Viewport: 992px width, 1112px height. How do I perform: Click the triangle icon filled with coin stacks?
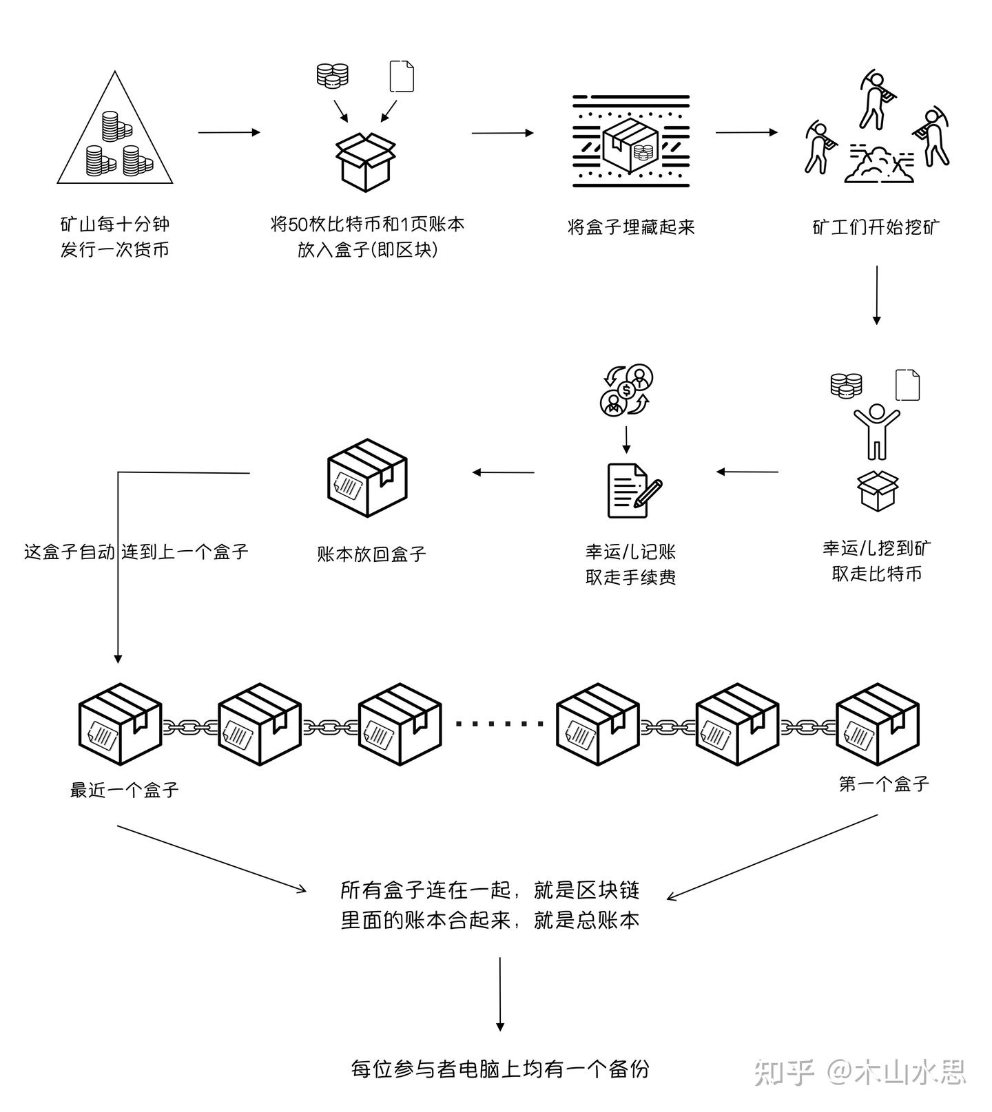(114, 138)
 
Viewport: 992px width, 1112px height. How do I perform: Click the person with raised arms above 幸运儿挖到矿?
(876, 431)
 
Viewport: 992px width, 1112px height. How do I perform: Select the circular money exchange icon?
(626, 390)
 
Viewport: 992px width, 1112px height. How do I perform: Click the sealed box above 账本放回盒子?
(367, 478)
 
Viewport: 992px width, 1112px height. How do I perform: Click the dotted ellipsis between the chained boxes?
(499, 724)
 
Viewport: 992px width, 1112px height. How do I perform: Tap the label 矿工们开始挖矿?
(876, 227)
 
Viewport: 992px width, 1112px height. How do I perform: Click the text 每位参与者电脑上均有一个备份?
(499, 1069)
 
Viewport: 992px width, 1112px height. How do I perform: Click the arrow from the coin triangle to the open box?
(229, 132)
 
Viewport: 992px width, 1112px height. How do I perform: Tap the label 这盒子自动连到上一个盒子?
(136, 552)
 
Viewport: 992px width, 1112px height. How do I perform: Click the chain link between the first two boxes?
(189, 726)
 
